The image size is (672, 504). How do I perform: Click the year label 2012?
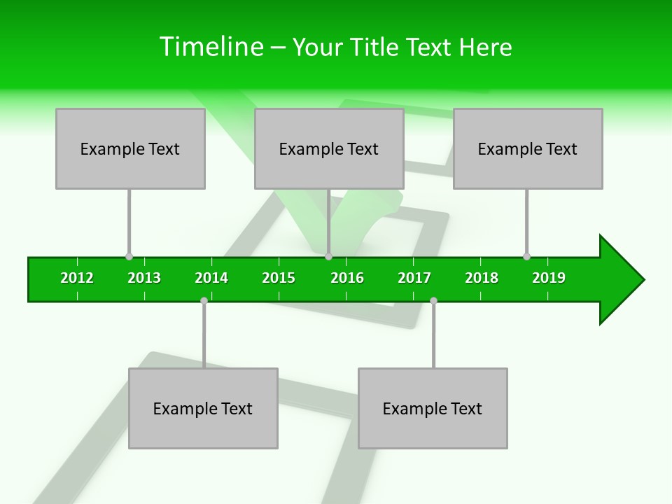tap(77, 278)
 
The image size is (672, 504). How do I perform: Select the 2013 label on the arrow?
tap(144, 278)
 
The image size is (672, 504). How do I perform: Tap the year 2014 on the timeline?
tap(211, 278)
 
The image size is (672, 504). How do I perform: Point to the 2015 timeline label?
tap(279, 278)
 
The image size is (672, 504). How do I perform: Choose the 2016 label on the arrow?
tap(347, 278)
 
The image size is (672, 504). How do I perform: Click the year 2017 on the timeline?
tap(414, 278)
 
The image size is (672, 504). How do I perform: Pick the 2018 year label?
tap(482, 278)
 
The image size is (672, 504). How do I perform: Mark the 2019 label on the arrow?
tap(549, 278)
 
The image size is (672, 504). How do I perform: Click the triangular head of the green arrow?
tap(620, 280)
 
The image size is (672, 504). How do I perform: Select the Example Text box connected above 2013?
tap(130, 149)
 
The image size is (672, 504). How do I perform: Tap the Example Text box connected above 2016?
tap(329, 149)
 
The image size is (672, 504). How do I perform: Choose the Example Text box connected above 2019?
tap(528, 149)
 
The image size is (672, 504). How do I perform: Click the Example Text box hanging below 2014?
tap(203, 408)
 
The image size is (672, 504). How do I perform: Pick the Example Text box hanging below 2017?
tap(433, 408)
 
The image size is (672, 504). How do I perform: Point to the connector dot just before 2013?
tap(129, 257)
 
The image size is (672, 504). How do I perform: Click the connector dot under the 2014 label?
tap(204, 300)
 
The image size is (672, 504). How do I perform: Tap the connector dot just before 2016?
tap(328, 257)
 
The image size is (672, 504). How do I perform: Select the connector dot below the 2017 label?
tap(433, 300)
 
